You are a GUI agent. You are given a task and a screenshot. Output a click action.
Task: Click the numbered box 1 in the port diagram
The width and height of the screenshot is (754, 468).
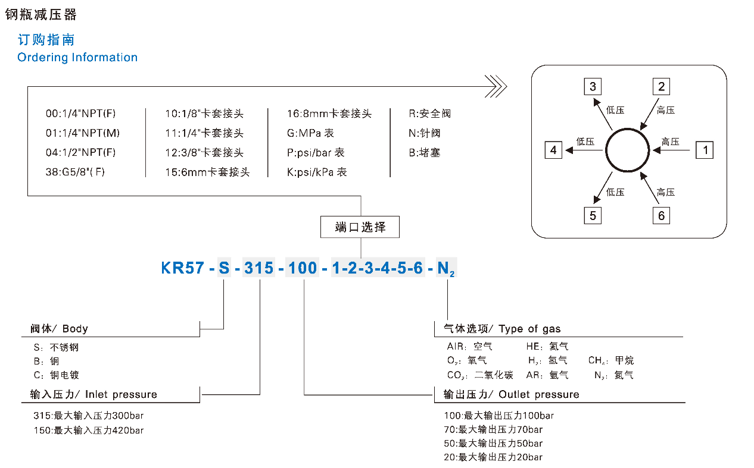tap(705, 150)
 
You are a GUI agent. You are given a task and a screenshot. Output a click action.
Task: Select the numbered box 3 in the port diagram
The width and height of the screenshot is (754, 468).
tap(593, 87)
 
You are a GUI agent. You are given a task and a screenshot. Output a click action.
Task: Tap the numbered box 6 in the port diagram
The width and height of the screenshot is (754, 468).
tap(661, 215)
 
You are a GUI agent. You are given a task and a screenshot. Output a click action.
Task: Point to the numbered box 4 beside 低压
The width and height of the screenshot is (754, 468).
tap(553, 150)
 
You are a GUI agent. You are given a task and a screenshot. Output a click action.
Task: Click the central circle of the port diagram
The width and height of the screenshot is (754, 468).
tap(627, 150)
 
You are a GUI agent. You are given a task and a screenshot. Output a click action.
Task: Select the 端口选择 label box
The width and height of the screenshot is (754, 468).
tap(360, 227)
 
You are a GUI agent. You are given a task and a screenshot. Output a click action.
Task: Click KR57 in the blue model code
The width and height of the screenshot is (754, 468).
tap(183, 268)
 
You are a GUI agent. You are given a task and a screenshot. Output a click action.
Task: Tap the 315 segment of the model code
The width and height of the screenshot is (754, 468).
tap(260, 268)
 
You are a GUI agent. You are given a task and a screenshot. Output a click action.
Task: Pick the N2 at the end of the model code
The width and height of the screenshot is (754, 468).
tap(446, 269)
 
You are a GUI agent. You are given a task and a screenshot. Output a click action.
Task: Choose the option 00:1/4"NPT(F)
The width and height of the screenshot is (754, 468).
tap(81, 114)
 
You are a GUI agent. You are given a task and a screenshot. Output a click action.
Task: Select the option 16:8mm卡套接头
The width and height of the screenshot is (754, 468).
tap(329, 114)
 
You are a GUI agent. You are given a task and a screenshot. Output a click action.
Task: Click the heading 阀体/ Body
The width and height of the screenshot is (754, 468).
tap(59, 329)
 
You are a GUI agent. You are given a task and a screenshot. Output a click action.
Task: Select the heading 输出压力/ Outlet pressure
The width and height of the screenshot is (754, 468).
tap(511, 394)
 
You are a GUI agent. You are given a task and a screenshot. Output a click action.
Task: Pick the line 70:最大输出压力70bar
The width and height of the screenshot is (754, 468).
tap(493, 429)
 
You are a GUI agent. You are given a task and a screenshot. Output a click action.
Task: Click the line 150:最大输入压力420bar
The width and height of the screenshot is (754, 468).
tap(89, 430)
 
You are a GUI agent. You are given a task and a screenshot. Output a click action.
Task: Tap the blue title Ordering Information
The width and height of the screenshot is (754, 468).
tap(77, 58)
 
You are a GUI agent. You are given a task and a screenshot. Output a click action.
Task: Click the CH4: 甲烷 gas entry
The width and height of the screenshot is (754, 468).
tap(611, 360)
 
